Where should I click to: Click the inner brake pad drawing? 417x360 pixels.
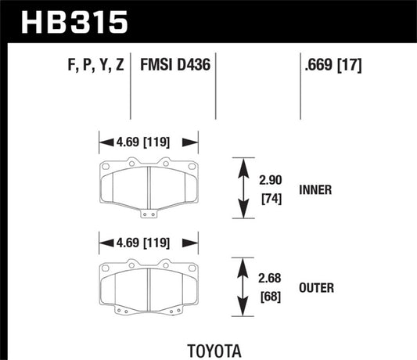[x=148, y=187]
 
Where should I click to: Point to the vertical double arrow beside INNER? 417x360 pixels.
[x=239, y=189]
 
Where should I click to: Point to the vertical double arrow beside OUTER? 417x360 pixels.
[x=239, y=287]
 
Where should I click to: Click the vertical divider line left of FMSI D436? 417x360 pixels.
[x=129, y=86]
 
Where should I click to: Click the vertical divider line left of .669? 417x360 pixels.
[x=301, y=86]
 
